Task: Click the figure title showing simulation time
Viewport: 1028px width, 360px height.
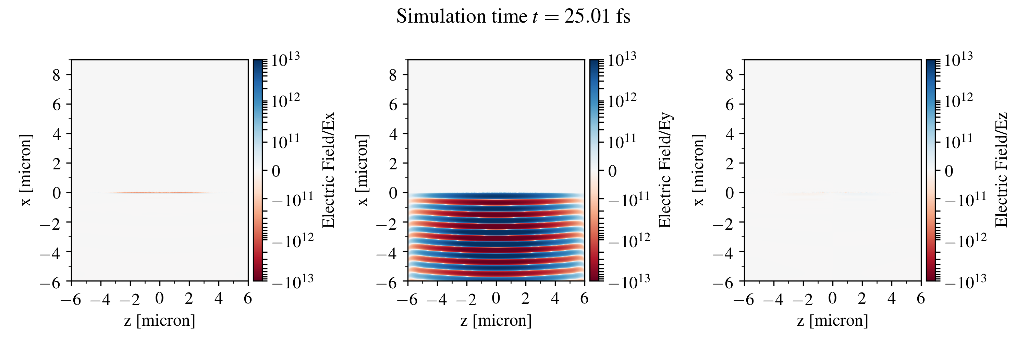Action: (x=513, y=17)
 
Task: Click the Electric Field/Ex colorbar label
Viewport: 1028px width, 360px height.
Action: (x=328, y=170)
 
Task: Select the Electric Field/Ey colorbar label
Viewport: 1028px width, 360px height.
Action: (x=665, y=170)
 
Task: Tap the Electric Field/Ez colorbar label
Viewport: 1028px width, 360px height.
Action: (x=1002, y=170)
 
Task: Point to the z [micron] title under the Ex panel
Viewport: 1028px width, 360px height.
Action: (x=160, y=321)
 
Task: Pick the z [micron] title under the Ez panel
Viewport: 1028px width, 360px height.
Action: (x=832, y=321)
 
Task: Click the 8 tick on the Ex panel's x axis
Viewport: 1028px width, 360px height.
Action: (x=56, y=75)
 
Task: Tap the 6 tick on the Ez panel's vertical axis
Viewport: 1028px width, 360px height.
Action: (x=730, y=105)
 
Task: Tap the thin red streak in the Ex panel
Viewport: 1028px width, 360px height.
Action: (x=160, y=193)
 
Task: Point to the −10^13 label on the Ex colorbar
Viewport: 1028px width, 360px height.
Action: (x=293, y=282)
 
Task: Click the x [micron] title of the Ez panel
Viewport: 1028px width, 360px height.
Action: (x=699, y=170)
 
